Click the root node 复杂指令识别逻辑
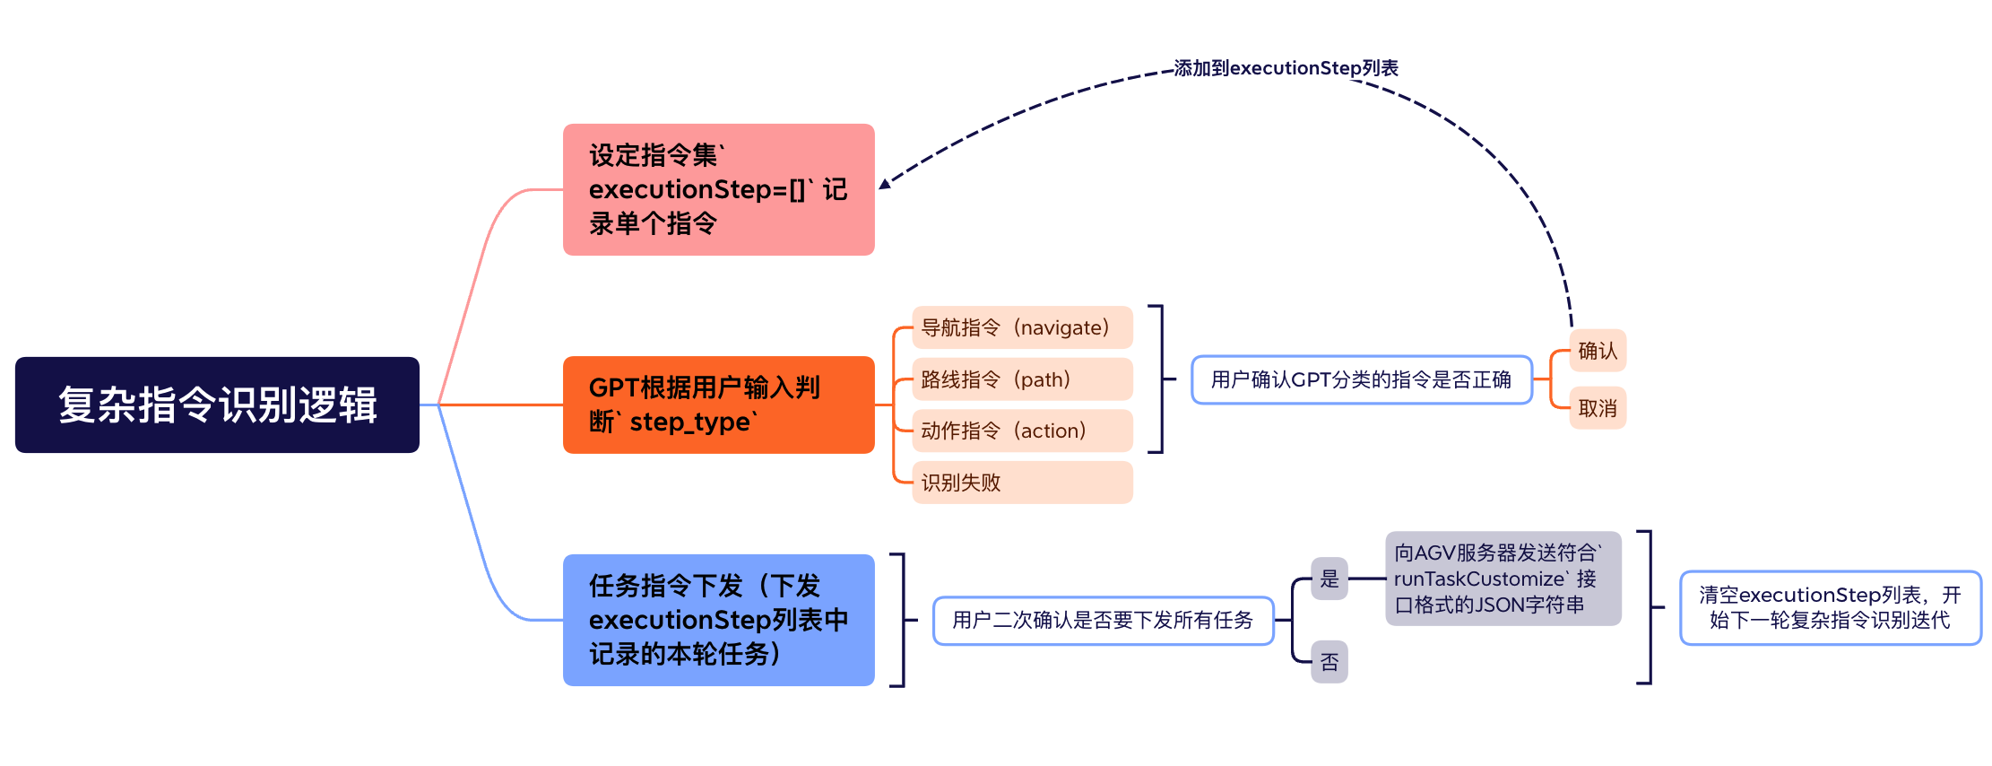pyautogui.click(x=217, y=405)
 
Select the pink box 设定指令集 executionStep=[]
pyautogui.click(x=718, y=189)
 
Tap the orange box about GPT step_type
pyautogui.click(x=718, y=405)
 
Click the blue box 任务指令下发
pyautogui.click(x=718, y=620)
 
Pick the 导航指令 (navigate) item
pyautogui.click(x=1022, y=327)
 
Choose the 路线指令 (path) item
pyautogui.click(x=1022, y=379)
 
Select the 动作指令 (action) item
pyautogui.click(x=1022, y=431)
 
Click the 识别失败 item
pyautogui.click(x=1022, y=483)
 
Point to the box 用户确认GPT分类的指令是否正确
pyautogui.click(x=1361, y=379)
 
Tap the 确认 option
pyautogui.click(x=1598, y=351)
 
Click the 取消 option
pyautogui.click(x=1598, y=408)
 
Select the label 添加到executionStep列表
pyautogui.click(x=1286, y=68)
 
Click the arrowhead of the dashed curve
pyautogui.click(x=885, y=184)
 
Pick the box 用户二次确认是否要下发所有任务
pyautogui.click(x=1103, y=620)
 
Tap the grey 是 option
pyautogui.click(x=1329, y=579)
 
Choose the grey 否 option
pyautogui.click(x=1329, y=662)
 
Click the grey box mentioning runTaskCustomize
pyautogui.click(x=1503, y=579)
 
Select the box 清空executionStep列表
pyautogui.click(x=1830, y=607)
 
